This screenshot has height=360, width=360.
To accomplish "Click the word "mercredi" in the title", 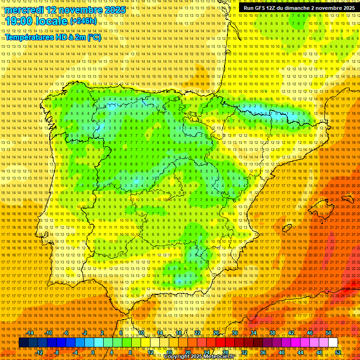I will click(x=25, y=10).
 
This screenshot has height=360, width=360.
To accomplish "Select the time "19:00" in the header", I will click(x=23, y=21).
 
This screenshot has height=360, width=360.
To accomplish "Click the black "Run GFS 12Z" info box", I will click(x=299, y=8).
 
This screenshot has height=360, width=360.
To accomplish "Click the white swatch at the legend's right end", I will click(x=333, y=343).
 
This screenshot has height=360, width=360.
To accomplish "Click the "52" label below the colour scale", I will click(x=338, y=352).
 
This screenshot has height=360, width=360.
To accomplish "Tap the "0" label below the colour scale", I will click(x=93, y=352).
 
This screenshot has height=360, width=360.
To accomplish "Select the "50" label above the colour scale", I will click(x=329, y=333).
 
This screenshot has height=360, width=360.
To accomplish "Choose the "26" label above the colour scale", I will click(x=216, y=333).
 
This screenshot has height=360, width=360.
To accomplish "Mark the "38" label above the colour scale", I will click(x=272, y=333).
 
